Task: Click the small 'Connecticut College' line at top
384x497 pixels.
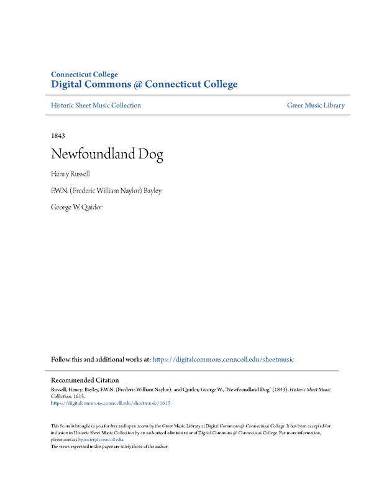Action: point(84,75)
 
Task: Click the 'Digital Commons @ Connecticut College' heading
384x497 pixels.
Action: point(144,84)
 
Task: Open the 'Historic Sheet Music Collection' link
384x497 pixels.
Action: point(96,106)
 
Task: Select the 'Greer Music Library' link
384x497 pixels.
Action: point(316,106)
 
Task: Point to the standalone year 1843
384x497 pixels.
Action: point(58,135)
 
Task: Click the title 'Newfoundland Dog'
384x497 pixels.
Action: point(107,154)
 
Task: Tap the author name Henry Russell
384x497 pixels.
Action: point(70,173)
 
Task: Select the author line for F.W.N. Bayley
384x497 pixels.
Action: point(106,191)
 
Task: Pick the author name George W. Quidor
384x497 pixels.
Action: point(76,207)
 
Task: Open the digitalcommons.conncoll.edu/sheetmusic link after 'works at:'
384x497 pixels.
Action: point(223,359)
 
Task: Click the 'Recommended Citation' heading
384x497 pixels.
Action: point(85,380)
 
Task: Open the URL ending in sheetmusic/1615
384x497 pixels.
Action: point(111,403)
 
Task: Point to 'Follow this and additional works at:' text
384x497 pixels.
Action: point(101,359)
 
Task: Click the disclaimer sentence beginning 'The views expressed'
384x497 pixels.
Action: point(109,446)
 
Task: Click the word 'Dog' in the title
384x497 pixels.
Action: point(151,154)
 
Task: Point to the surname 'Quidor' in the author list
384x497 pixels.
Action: point(91,207)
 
